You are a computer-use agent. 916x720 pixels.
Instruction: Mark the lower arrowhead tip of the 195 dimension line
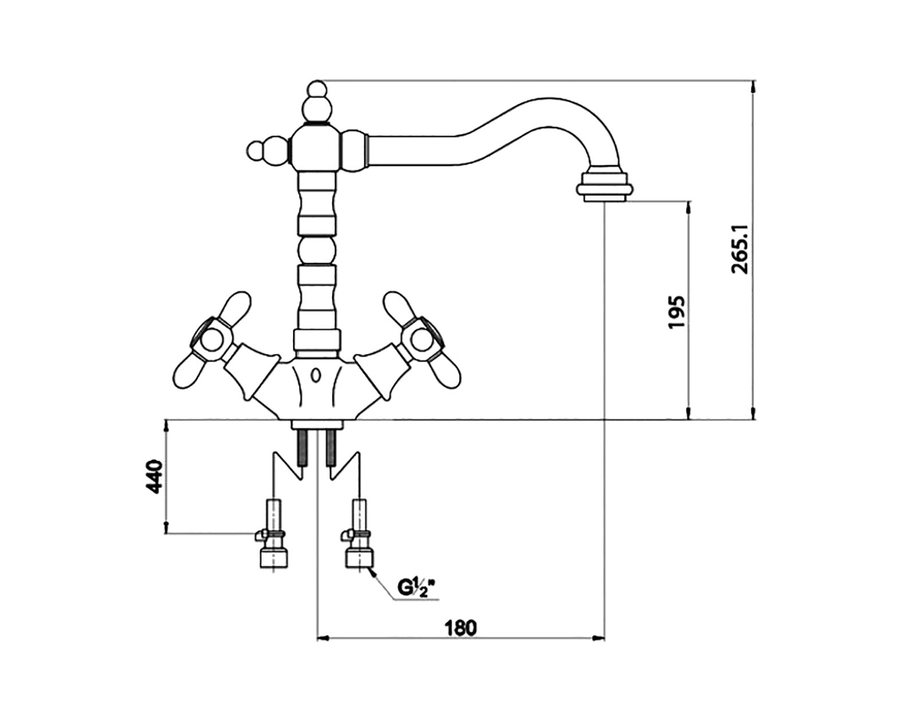[x=689, y=419]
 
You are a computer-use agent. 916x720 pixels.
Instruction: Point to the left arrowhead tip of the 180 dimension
[x=317, y=650]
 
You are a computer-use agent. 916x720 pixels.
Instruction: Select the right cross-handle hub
[x=421, y=340]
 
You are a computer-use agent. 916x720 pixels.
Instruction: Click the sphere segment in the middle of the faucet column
[x=317, y=250]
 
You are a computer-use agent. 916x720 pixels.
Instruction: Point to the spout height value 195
[x=676, y=312]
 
